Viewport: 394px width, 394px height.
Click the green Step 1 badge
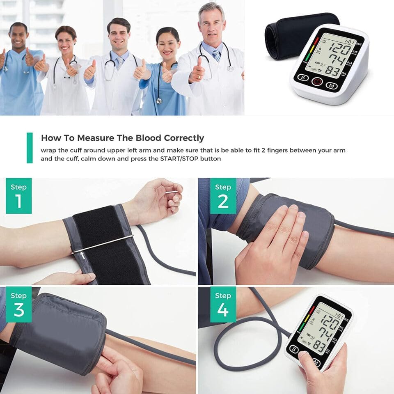point(18,196)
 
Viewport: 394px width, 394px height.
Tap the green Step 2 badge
point(223,196)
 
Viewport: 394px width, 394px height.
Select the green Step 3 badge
point(18,304)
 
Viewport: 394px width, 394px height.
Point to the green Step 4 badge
point(223,304)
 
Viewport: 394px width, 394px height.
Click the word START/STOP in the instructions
point(172,158)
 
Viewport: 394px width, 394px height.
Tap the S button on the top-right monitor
point(302,78)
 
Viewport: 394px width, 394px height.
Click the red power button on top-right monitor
point(317,82)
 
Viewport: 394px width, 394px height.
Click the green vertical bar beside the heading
point(30,148)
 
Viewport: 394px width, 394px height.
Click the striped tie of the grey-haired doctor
point(216,55)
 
